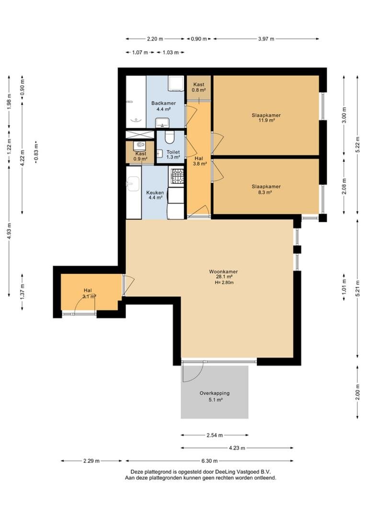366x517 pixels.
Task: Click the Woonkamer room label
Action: pyautogui.click(x=223, y=272)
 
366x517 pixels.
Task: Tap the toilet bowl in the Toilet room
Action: pyautogui.click(x=170, y=138)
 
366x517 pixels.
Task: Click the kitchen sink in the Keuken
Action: pyautogui.click(x=134, y=183)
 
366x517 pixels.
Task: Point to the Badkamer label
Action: pyautogui.click(x=163, y=103)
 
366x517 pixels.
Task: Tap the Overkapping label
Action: pyautogui.click(x=215, y=393)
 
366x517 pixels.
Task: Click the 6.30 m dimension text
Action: pyautogui.click(x=209, y=461)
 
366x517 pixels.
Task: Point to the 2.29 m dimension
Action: pyautogui.click(x=91, y=461)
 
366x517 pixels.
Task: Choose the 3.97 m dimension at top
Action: pyautogui.click(x=266, y=39)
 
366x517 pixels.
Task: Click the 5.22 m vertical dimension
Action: pyautogui.click(x=357, y=146)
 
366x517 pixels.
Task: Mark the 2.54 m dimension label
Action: pyautogui.click(x=215, y=435)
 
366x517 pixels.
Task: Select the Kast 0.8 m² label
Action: pyautogui.click(x=199, y=87)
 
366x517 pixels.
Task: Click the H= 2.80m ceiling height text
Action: pyautogui.click(x=224, y=282)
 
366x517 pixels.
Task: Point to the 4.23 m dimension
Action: pyautogui.click(x=237, y=448)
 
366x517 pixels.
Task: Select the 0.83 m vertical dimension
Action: pyautogui.click(x=36, y=152)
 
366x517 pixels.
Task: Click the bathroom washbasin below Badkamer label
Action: pyautogui.click(x=162, y=123)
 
